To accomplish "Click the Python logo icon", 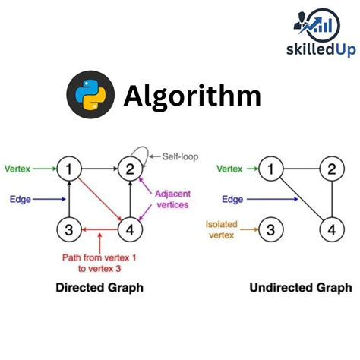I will pyautogui.click(x=91, y=96).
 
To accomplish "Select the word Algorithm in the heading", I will pyautogui.click(x=192, y=96).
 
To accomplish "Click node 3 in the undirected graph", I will pyautogui.click(x=270, y=228).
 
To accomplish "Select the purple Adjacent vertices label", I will pyautogui.click(x=173, y=199).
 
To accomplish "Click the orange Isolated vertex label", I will pyautogui.click(x=223, y=229).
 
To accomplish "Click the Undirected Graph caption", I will pyautogui.click(x=301, y=288).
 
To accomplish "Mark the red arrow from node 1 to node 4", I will pyautogui.click(x=99, y=198).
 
